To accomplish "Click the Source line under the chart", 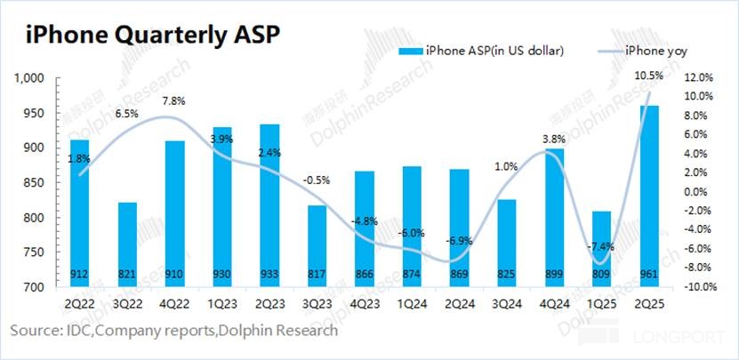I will click(174, 331).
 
